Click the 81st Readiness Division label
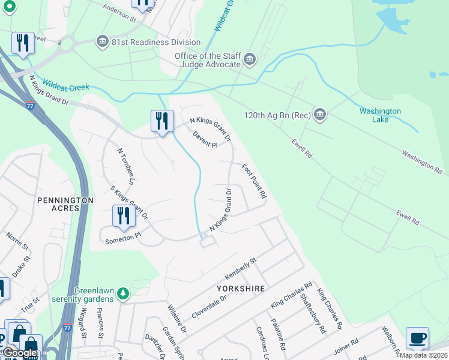coord(156,42)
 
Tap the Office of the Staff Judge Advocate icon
coord(250,59)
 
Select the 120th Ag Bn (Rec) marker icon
coord(319,115)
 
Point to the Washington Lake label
coord(380,115)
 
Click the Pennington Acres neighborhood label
coord(65,203)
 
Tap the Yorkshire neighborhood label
coord(241,289)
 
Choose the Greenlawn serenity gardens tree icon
coord(124,293)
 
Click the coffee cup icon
coord(417,338)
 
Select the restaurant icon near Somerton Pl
coord(124,216)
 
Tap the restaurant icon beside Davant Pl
coord(161,121)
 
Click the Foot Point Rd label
coord(254,181)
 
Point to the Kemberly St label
coord(240,268)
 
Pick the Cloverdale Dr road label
coord(209,306)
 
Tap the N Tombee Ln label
coord(125,166)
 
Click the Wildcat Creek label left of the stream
coord(66,88)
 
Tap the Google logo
coord(20,353)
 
